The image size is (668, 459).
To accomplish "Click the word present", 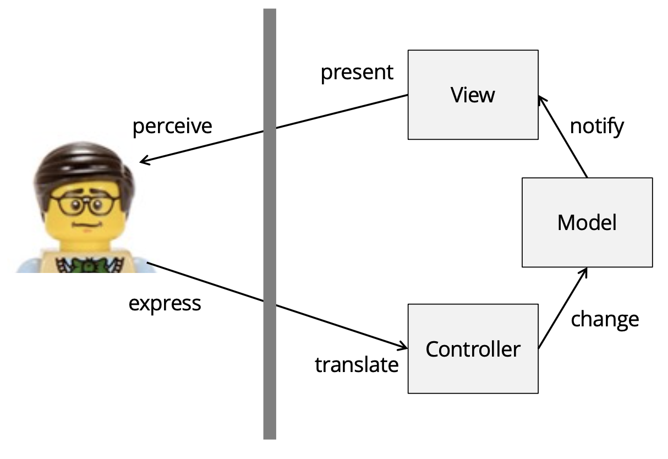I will (x=357, y=72).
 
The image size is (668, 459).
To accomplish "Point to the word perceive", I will (x=172, y=126).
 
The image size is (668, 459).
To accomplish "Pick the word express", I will (x=165, y=303).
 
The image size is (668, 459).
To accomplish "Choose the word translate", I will (x=357, y=364).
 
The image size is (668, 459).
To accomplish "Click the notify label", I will (x=597, y=127).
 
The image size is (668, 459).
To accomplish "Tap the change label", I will (x=605, y=319).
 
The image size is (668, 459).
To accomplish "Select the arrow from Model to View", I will (x=563, y=138).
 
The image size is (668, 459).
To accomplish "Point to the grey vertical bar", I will (x=269, y=220).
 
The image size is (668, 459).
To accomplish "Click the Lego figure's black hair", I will (x=83, y=165).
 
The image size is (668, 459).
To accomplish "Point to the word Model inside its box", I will (x=587, y=223).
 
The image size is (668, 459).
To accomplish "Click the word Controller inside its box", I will (x=473, y=349).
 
